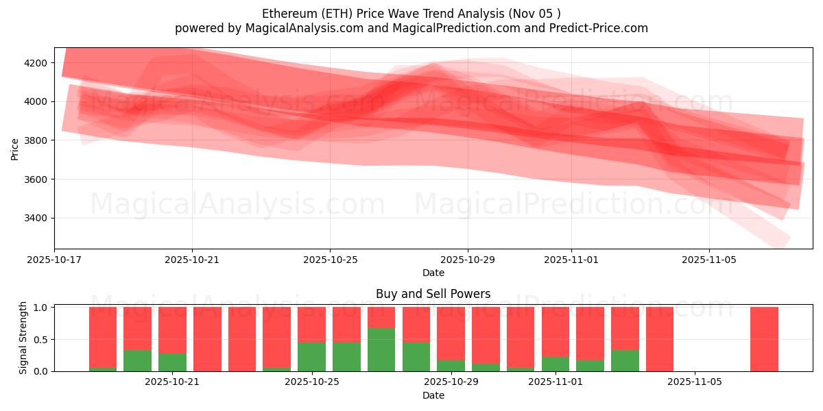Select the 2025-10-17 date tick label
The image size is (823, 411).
(x=54, y=260)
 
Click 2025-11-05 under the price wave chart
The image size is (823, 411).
(x=709, y=260)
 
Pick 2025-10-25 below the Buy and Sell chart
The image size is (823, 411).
(x=311, y=382)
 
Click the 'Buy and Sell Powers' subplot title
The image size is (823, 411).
(x=433, y=294)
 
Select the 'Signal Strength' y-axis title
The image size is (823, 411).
(x=23, y=337)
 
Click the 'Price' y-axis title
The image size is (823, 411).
(x=15, y=149)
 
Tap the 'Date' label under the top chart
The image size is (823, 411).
(x=433, y=273)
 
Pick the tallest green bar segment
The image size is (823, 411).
(x=381, y=349)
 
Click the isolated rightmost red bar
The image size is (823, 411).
(x=764, y=339)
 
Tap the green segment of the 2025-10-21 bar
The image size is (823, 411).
(x=172, y=362)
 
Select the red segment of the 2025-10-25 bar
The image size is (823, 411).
(x=311, y=324)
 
